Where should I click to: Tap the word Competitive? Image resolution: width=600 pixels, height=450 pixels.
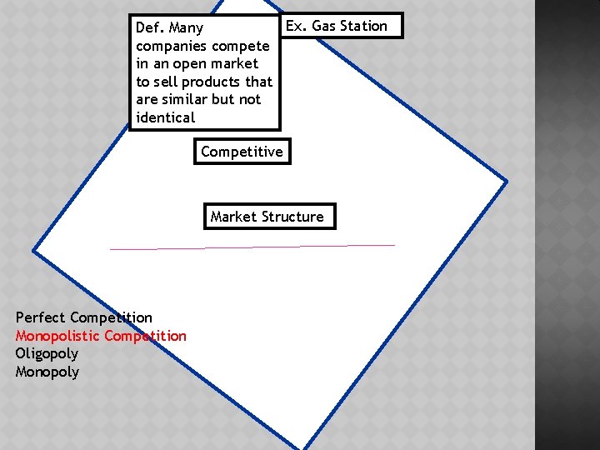click(x=242, y=152)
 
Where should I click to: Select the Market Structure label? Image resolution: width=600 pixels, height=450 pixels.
click(x=267, y=217)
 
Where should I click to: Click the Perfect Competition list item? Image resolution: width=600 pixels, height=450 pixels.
click(x=83, y=317)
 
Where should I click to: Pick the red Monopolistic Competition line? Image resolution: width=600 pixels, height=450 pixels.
click(x=101, y=336)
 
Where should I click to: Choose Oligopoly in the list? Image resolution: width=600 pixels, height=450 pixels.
click(x=47, y=353)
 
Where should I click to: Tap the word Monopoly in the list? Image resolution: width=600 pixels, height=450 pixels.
click(x=47, y=372)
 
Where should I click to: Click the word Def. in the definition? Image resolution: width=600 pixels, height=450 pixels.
click(x=150, y=27)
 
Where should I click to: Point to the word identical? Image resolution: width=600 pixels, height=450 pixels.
click(x=165, y=117)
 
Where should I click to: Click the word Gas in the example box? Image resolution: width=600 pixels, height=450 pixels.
click(x=325, y=26)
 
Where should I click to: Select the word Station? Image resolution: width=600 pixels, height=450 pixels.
click(x=364, y=26)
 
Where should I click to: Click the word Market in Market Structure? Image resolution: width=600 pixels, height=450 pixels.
click(x=234, y=217)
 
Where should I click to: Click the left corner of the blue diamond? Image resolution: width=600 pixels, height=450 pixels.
click(x=34, y=250)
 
